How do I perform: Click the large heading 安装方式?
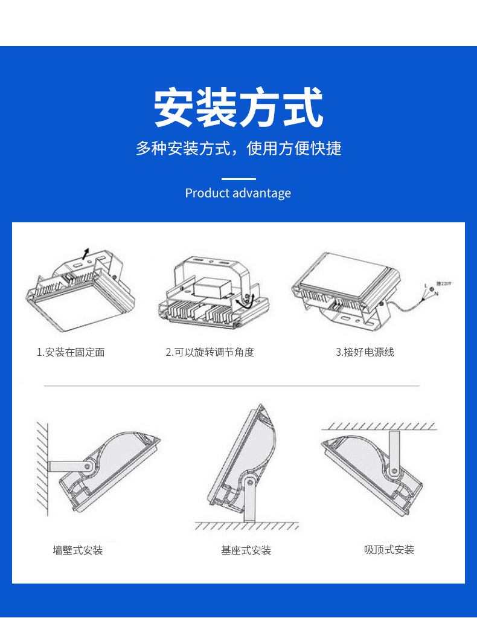coord(238,108)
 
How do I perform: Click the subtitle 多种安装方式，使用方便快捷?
coord(238,148)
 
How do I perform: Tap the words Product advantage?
coord(238,193)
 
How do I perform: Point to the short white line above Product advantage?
coord(238,179)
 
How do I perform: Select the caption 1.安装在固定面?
coord(71,352)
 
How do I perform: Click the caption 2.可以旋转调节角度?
coord(210,352)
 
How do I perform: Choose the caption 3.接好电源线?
coord(365,352)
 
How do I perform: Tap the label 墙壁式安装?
coord(78,550)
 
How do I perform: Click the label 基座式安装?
coord(246,550)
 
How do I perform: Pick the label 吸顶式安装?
coord(389,550)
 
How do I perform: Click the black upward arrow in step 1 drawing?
coord(86,253)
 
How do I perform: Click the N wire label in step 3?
coord(436,294)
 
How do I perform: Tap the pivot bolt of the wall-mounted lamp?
coord(88,466)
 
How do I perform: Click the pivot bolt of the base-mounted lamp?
coord(249,481)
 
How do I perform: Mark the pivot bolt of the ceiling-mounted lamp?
coord(394,471)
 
